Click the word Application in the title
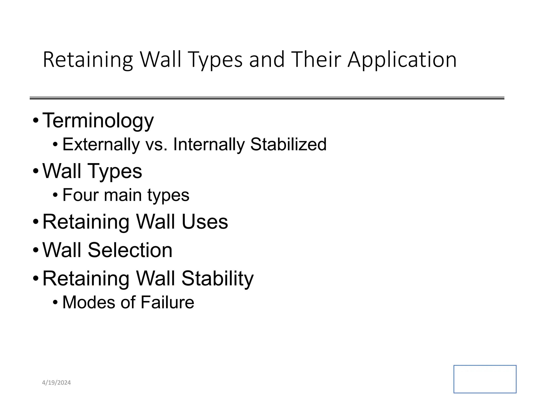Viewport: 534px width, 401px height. click(402, 60)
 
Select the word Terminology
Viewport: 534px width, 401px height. click(98, 121)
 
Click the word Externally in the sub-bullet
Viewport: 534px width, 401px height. click(101, 144)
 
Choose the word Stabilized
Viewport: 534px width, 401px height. click(288, 144)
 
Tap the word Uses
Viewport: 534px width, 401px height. click(205, 222)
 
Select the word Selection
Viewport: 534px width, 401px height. click(130, 250)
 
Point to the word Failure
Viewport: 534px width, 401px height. click(167, 302)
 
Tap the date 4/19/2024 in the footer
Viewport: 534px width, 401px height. click(56, 383)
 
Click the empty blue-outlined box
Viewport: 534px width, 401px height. click(485, 379)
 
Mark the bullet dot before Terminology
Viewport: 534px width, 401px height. click(36, 121)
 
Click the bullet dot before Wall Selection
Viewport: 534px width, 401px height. click(36, 250)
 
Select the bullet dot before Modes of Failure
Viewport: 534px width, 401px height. click(55, 303)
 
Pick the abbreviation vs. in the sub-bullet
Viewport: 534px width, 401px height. click(156, 144)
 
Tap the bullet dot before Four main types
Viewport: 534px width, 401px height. click(55, 195)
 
